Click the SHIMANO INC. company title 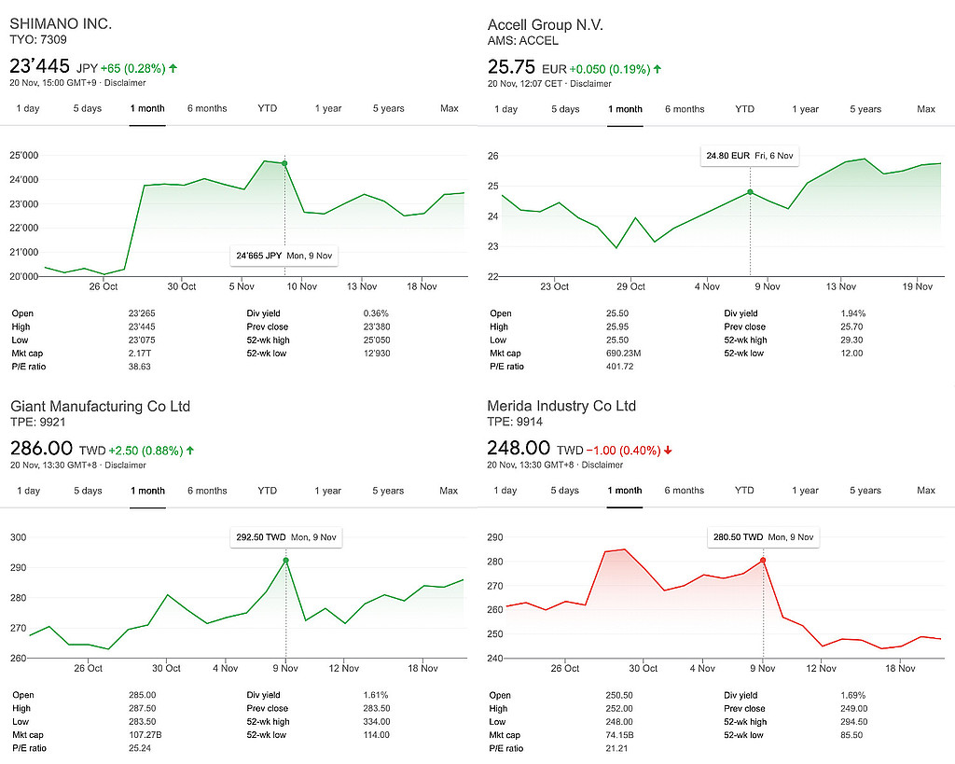tap(61, 23)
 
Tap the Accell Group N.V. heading tap(545, 24)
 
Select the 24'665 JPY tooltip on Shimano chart tap(284, 255)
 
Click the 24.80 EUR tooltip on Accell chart tap(750, 156)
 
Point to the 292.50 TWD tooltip tap(285, 537)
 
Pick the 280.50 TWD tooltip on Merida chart tap(763, 537)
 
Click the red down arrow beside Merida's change tap(668, 451)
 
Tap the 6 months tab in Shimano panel tap(206, 108)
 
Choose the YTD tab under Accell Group tap(744, 109)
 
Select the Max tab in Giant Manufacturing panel tap(449, 491)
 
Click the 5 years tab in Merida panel tap(866, 491)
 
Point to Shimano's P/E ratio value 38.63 tap(140, 367)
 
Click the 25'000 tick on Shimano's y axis tap(23, 155)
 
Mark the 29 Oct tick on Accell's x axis tap(630, 286)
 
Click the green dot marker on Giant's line tap(285, 561)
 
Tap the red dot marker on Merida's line tap(763, 561)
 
